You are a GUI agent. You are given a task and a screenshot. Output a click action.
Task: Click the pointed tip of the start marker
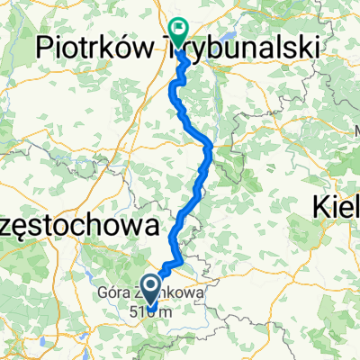pos(151,312)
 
